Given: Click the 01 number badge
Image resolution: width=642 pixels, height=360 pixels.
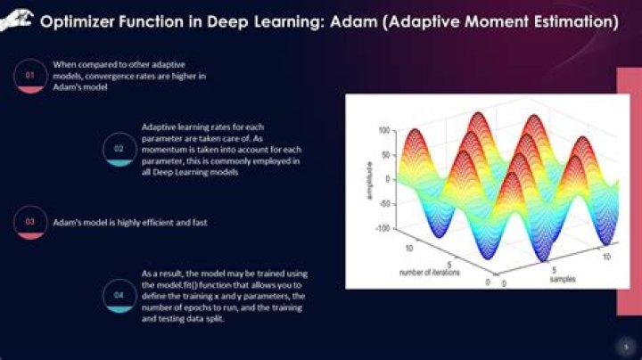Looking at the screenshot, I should [x=29, y=77].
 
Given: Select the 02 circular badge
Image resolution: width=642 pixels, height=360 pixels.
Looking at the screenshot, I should [x=118, y=149].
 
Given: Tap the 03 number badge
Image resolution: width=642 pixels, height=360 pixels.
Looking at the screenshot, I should [x=29, y=222].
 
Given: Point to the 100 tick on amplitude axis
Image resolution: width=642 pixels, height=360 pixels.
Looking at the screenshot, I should [x=384, y=130].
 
